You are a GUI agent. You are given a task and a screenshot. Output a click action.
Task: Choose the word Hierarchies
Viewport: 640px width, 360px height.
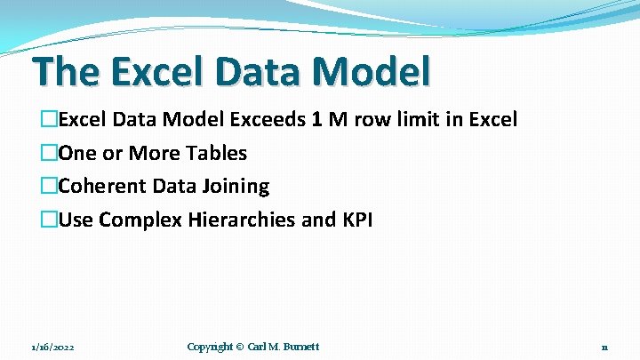click(242, 220)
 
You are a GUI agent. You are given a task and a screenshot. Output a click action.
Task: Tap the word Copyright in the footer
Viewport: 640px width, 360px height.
click(210, 347)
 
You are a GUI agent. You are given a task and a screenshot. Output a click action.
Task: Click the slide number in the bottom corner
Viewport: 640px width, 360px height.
click(604, 347)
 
